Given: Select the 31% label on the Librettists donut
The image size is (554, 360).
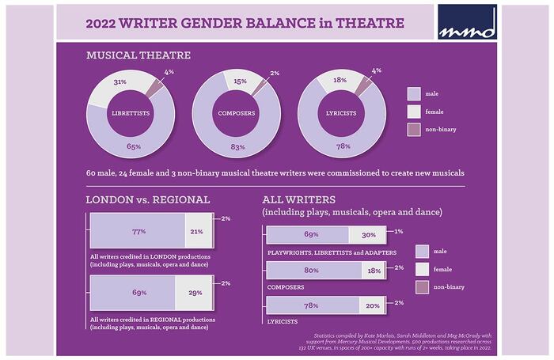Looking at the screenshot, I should pyautogui.click(x=120, y=82).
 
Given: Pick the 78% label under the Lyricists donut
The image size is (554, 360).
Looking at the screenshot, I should pyautogui.click(x=342, y=147).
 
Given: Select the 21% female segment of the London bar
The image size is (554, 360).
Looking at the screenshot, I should pyautogui.click(x=198, y=232).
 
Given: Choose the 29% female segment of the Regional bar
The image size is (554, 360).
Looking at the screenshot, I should pyautogui.click(x=194, y=294).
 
